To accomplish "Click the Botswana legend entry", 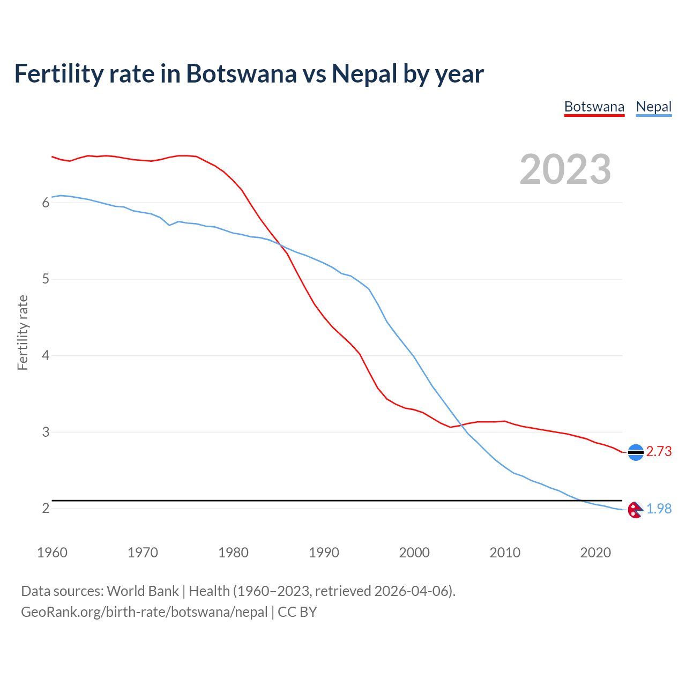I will [594, 107].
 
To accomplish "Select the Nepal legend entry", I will [653, 107].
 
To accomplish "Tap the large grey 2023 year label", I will [565, 169].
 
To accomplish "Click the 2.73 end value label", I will [659, 452].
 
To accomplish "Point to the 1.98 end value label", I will [659, 509].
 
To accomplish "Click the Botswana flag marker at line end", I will [636, 453].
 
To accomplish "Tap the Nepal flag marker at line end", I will [635, 510].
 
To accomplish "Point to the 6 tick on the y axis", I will [46, 203].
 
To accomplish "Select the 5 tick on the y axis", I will [46, 279].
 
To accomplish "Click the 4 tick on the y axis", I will [46, 356].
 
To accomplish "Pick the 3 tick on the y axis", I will [46, 432].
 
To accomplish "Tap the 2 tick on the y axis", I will [46, 509].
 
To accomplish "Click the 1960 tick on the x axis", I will [52, 553].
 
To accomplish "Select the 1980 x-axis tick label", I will [233, 553].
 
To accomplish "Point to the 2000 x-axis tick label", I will [414, 553].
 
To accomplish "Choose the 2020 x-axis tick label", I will [595, 553].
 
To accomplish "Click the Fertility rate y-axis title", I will [23, 332].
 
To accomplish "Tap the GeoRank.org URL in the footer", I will [144, 612].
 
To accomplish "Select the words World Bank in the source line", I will [143, 591].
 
